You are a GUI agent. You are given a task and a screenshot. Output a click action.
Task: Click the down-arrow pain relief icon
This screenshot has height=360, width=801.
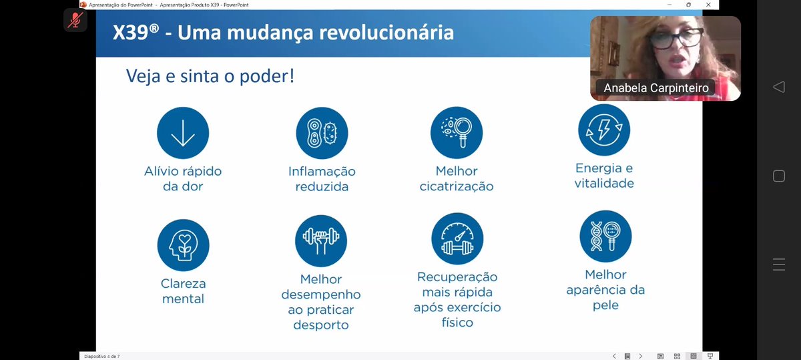pyautogui.click(x=183, y=133)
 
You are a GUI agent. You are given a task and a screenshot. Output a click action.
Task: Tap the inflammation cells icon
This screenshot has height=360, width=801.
pyautogui.click(x=322, y=133)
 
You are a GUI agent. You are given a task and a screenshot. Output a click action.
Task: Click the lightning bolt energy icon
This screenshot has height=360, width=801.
pyautogui.click(x=604, y=130)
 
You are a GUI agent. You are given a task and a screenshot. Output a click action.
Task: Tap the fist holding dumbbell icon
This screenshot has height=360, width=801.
pyautogui.click(x=321, y=240)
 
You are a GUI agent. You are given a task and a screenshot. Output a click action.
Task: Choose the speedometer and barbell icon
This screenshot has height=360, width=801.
pyautogui.click(x=457, y=240)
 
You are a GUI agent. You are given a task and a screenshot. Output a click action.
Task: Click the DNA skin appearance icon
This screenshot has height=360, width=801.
pyautogui.click(x=605, y=236)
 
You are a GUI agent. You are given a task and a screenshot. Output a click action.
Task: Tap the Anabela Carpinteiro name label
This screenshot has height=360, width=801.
pyautogui.click(x=656, y=88)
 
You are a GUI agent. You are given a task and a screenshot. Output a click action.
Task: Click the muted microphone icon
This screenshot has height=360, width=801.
pyautogui.click(x=75, y=19)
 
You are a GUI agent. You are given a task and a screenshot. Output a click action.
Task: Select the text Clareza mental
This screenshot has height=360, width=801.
pyautogui.click(x=183, y=291)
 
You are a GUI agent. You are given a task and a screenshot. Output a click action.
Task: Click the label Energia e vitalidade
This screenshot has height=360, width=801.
pyautogui.click(x=604, y=176)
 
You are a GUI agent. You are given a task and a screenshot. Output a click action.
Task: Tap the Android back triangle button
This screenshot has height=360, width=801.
pyautogui.click(x=778, y=87)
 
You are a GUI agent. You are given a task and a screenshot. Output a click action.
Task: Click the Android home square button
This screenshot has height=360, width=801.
pyautogui.click(x=778, y=176)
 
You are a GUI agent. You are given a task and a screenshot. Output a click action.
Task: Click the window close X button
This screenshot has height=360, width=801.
pyautogui.click(x=708, y=4)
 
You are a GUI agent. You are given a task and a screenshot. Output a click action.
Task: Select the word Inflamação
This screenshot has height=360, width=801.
pyautogui.click(x=322, y=172)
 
